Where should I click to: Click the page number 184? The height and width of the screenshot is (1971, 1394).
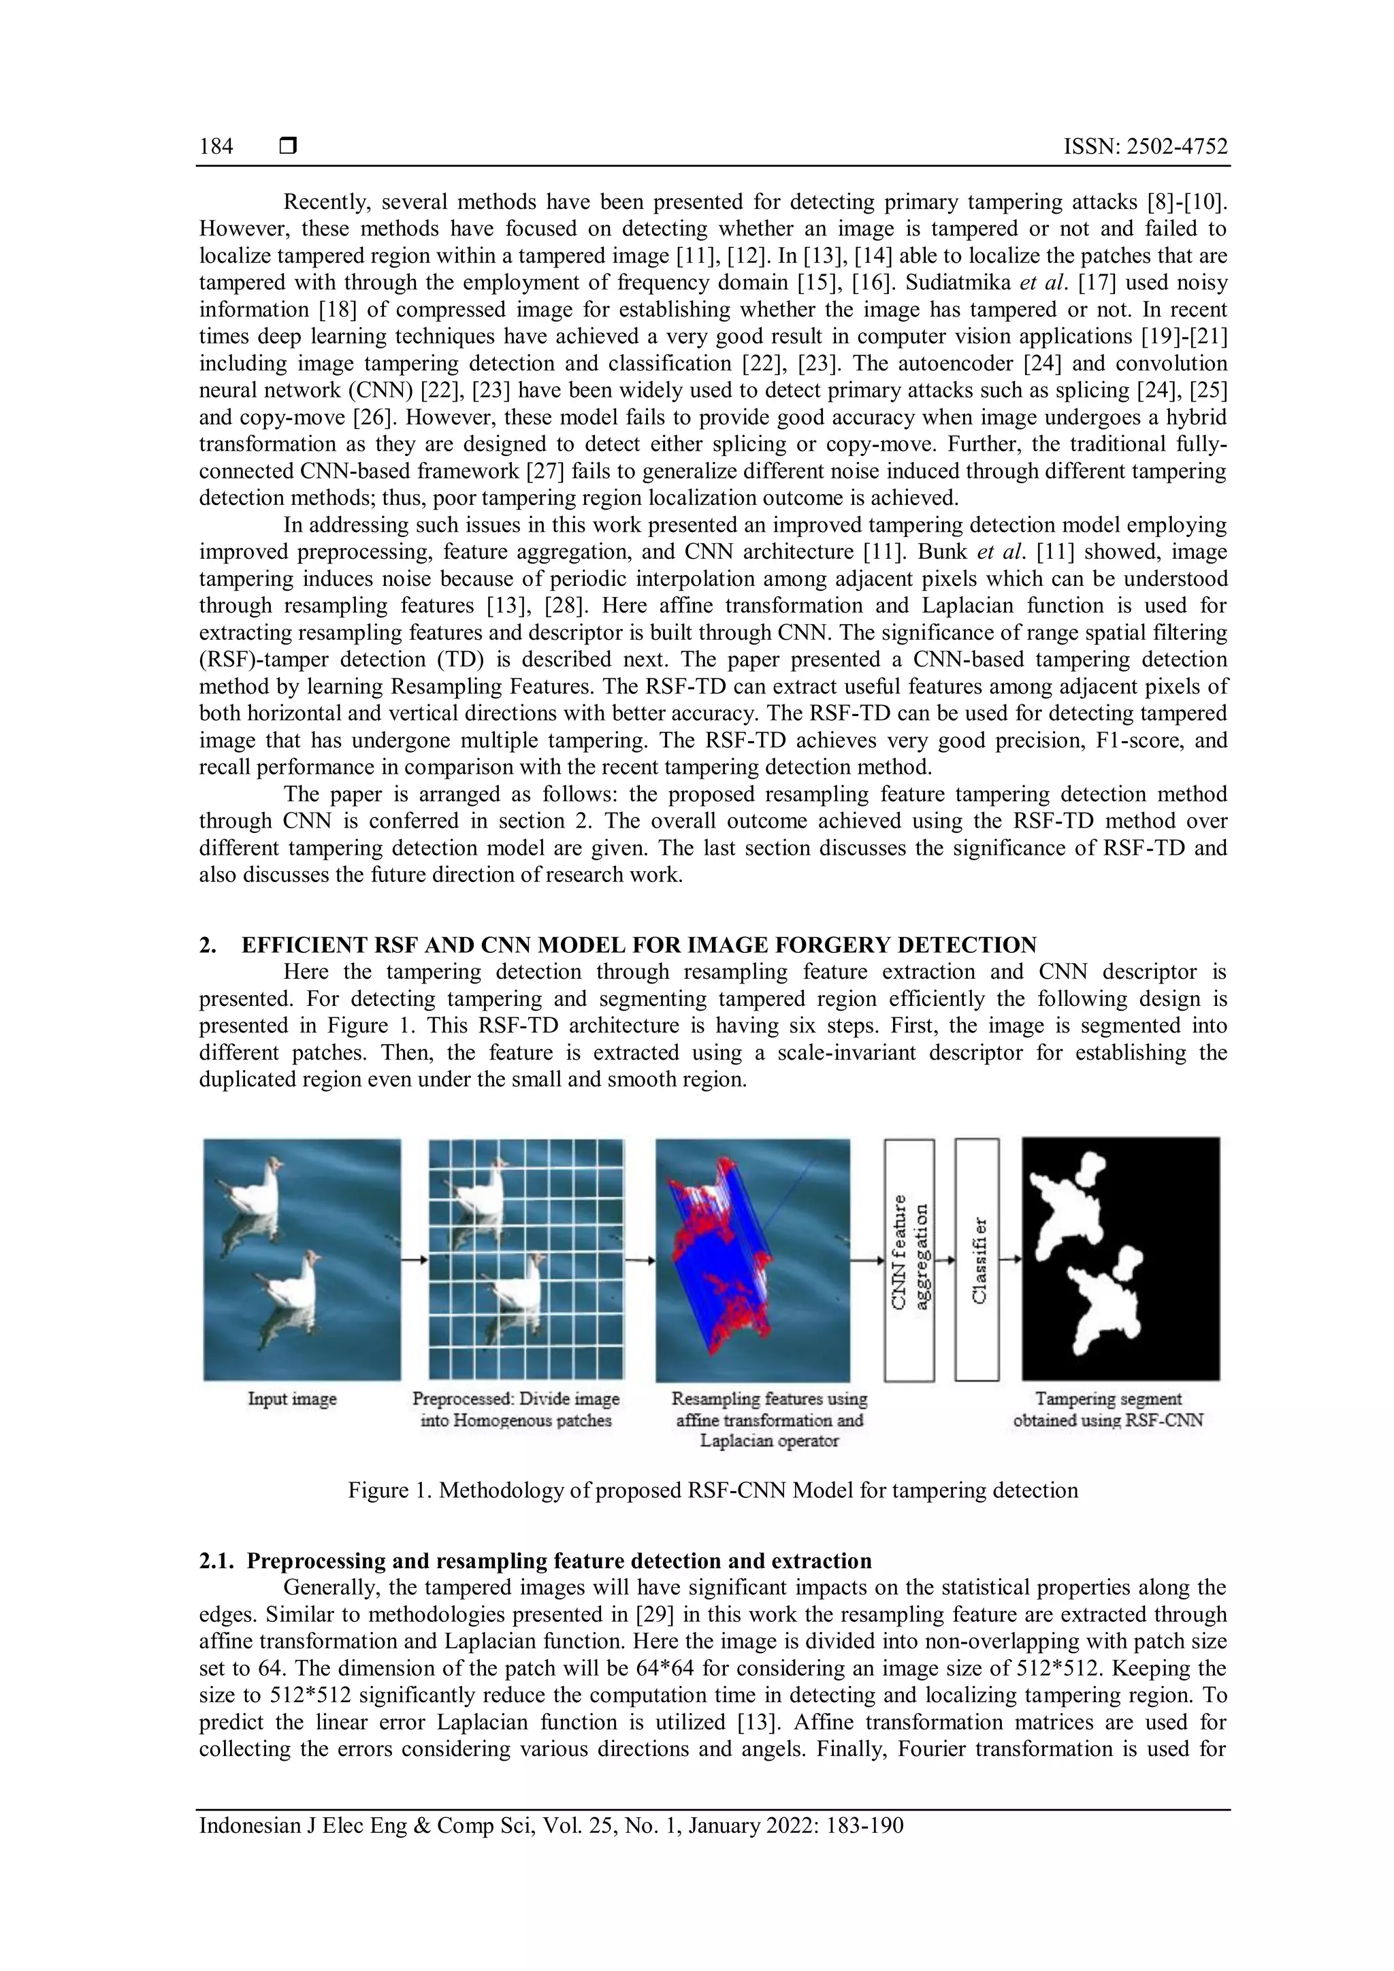click(x=216, y=147)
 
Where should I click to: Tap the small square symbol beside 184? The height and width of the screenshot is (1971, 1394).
click(x=289, y=147)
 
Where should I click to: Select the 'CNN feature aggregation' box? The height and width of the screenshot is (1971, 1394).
click(x=909, y=1259)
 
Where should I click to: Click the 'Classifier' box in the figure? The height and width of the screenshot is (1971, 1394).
click(x=977, y=1259)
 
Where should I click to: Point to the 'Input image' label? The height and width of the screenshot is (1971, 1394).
click(x=292, y=1399)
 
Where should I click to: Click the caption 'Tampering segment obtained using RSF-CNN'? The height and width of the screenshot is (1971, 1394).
click(x=1107, y=1410)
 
